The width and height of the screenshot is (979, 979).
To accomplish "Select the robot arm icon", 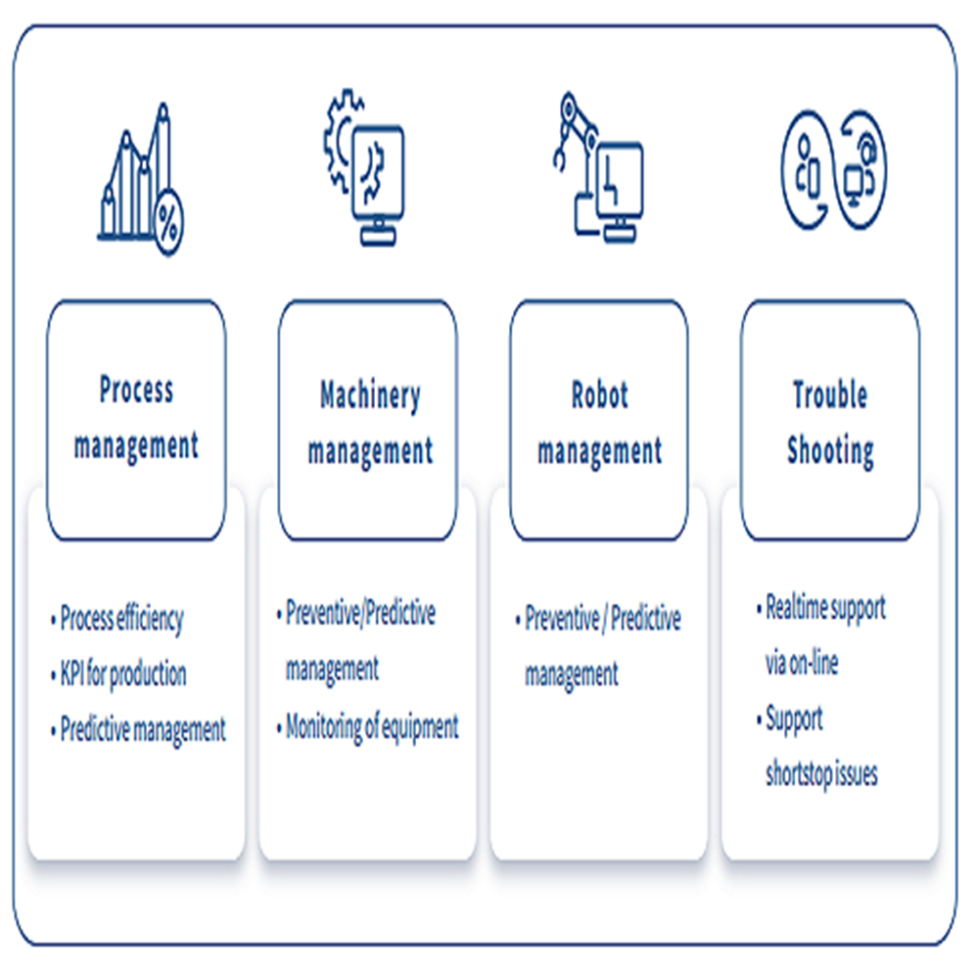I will (596, 165).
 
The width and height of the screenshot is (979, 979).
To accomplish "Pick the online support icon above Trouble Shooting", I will (833, 168).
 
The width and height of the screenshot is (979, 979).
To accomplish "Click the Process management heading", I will (136, 418).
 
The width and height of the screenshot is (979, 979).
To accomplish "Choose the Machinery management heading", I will (369, 423).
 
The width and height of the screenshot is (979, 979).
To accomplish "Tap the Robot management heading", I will (599, 423).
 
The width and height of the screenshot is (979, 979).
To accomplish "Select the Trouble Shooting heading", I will (830, 423).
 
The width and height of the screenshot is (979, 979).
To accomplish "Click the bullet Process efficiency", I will (121, 619).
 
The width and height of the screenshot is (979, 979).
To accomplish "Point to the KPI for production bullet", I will (123, 674).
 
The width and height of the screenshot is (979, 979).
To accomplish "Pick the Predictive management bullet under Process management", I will (143, 729).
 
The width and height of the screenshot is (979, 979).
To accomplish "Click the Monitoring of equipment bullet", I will (372, 726).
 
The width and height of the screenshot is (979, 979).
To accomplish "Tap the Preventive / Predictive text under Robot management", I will (602, 619).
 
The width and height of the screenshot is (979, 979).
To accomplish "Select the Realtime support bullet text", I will (825, 607).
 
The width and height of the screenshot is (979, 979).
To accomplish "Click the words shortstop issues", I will (821, 774).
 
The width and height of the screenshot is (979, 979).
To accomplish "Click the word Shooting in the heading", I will (830, 451).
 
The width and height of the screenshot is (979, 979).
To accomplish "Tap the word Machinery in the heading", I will (369, 396).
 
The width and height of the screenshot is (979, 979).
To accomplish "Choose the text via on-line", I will (802, 663).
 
